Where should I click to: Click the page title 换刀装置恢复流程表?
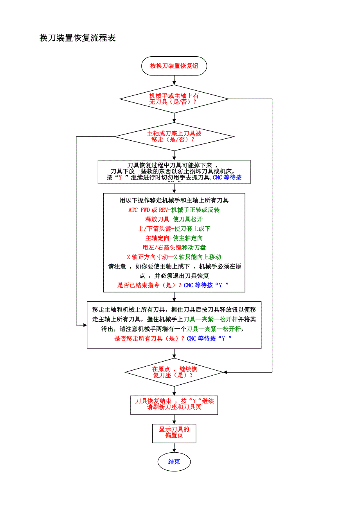(x=77, y=38)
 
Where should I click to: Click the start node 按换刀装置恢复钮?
(x=174, y=66)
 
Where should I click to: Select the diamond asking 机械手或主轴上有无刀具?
(x=174, y=99)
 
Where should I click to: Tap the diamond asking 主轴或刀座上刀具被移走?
(x=174, y=136)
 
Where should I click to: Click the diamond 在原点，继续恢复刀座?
(x=174, y=372)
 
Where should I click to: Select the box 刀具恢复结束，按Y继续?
(x=174, y=404)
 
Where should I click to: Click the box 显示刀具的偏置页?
(x=174, y=432)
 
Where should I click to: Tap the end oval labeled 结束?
(x=174, y=462)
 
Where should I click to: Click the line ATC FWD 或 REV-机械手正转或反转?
(x=174, y=210)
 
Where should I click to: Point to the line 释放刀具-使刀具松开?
(x=174, y=219)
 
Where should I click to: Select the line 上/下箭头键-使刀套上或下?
(x=174, y=229)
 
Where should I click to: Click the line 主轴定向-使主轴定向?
(x=174, y=238)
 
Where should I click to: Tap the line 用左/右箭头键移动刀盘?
(x=174, y=247)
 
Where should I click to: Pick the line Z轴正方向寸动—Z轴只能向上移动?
(x=174, y=257)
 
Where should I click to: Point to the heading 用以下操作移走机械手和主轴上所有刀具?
(x=174, y=201)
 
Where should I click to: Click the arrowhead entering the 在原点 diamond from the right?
(x=225, y=372)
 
